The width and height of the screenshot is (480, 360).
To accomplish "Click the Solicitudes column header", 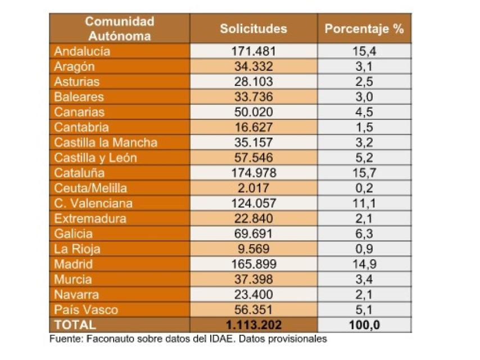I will click(x=253, y=29).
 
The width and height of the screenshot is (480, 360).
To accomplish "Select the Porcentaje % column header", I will click(x=364, y=29).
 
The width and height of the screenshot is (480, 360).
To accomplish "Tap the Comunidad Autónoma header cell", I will click(x=119, y=29).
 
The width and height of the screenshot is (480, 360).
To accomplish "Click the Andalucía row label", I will click(x=82, y=51).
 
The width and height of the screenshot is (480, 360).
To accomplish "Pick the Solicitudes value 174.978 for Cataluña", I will click(x=253, y=173).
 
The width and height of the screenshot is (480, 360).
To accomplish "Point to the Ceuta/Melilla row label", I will click(x=90, y=188).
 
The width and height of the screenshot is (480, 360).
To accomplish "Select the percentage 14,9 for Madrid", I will click(x=364, y=264).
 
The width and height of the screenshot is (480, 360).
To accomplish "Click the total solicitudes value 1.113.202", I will click(x=253, y=325).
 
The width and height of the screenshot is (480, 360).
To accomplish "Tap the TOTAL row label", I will click(x=75, y=325).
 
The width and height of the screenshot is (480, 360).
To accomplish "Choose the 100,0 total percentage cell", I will click(x=364, y=325).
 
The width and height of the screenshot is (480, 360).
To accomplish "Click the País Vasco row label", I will click(x=86, y=309).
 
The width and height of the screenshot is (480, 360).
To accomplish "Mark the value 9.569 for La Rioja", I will click(x=253, y=249).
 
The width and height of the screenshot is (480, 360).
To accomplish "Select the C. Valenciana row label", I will click(x=93, y=203).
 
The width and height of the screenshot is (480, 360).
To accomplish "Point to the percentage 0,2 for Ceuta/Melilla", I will click(x=364, y=188).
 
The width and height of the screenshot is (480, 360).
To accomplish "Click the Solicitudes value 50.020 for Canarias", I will click(x=253, y=112).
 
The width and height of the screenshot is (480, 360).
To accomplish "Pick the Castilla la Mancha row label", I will click(x=106, y=142).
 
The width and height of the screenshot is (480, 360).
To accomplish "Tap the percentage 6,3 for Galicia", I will click(x=364, y=233).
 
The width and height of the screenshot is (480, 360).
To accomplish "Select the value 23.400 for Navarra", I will click(x=253, y=294).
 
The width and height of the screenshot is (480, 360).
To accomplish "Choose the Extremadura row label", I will click(x=90, y=218).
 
